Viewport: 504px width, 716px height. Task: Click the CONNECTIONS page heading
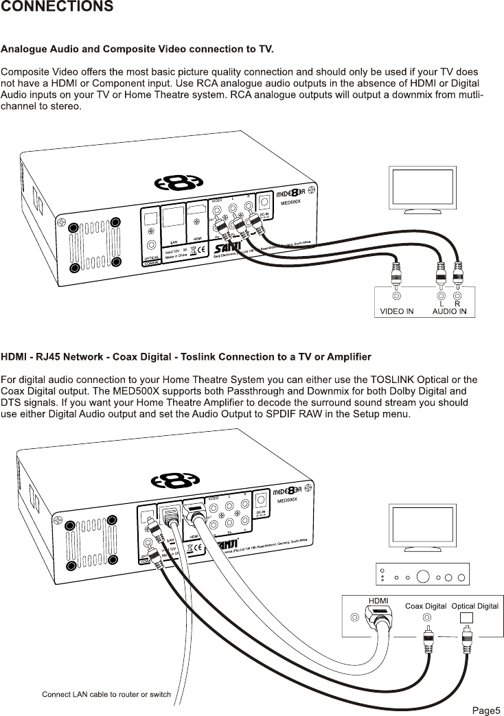point(57,7)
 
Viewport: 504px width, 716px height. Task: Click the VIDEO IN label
point(397,311)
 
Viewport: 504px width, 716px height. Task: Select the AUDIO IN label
point(449,311)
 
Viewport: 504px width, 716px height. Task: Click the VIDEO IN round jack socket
point(396,296)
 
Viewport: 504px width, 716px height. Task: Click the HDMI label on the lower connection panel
point(378,601)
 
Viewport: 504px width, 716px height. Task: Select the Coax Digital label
point(426,606)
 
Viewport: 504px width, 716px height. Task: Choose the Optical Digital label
point(474,606)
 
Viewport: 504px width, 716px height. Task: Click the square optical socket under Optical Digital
point(466,616)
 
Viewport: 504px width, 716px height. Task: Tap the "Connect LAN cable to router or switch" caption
point(106,694)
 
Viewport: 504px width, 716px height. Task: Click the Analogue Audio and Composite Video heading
point(137,49)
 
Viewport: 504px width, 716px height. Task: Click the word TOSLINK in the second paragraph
point(394,380)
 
